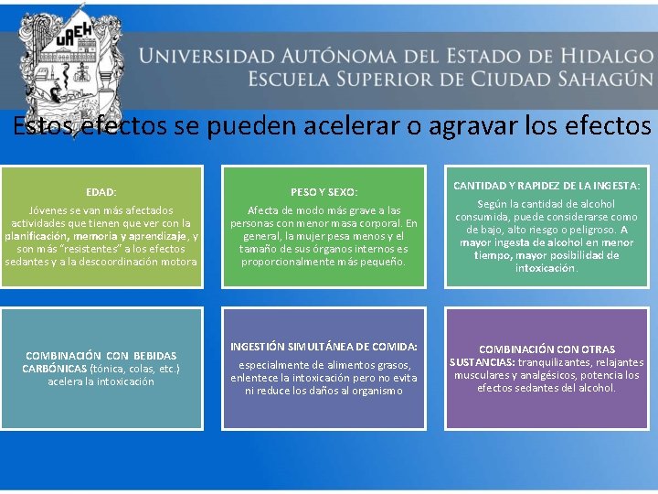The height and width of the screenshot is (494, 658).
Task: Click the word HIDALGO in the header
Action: (x=586, y=56)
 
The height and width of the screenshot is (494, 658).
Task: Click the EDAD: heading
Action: (x=101, y=192)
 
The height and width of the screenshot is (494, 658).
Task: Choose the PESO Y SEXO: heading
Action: (x=324, y=192)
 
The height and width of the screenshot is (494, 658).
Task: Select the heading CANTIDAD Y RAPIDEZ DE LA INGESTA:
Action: (x=546, y=187)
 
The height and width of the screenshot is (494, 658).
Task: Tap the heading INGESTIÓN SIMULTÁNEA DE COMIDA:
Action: (x=324, y=347)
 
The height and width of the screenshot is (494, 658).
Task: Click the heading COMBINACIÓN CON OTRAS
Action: (x=546, y=349)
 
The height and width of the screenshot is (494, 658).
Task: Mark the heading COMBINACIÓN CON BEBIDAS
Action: (x=101, y=355)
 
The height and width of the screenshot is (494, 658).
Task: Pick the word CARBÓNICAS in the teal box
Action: (x=54, y=369)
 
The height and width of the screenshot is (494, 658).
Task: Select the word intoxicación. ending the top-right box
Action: (x=546, y=269)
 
